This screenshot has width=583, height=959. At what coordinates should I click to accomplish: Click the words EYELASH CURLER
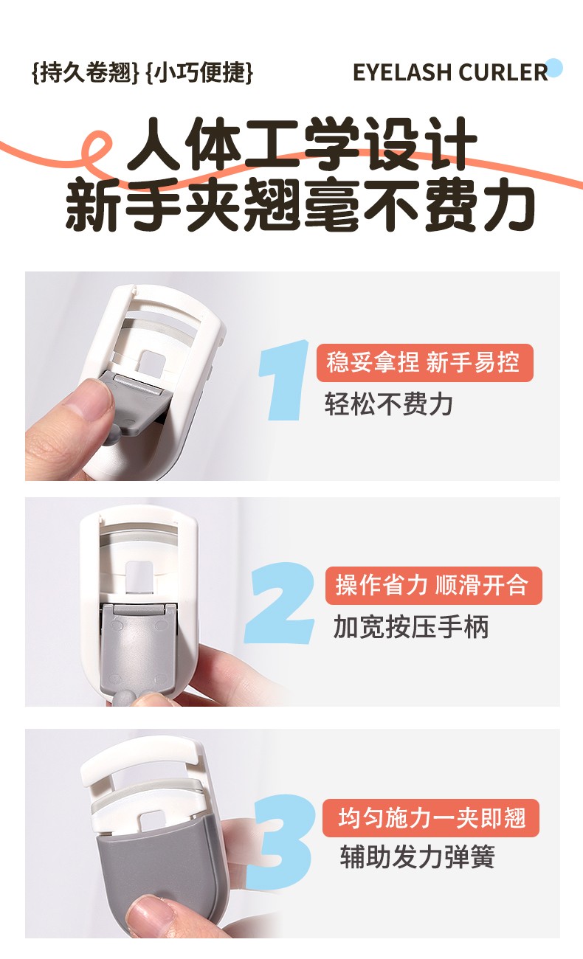[450, 72]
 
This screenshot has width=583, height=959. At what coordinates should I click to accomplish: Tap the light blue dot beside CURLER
[554, 69]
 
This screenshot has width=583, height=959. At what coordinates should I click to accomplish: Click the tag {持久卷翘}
[86, 72]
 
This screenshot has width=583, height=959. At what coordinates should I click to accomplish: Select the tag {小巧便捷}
[199, 72]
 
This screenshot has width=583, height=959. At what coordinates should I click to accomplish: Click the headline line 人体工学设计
[302, 144]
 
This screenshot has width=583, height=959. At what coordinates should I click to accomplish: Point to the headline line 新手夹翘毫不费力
[300, 204]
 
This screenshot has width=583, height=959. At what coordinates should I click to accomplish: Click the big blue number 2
[279, 603]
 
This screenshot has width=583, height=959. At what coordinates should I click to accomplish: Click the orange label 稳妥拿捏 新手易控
[424, 363]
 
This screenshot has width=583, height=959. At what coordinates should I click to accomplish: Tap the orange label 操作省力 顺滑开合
[433, 586]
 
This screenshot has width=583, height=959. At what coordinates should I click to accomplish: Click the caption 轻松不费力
[388, 404]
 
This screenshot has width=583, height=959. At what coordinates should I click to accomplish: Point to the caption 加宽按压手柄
[411, 627]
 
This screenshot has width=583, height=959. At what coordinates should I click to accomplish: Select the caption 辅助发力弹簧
[417, 856]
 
